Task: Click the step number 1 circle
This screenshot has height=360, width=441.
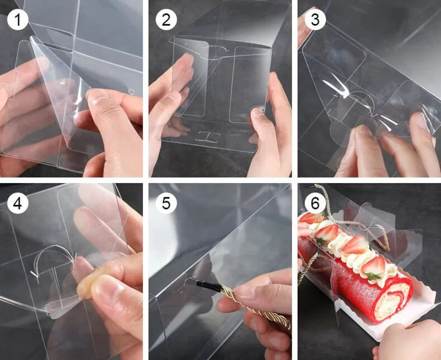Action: (18, 19)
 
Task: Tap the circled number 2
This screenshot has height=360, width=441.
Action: (166, 19)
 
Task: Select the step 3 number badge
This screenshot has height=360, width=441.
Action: (315, 19)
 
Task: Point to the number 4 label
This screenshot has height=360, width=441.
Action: (18, 203)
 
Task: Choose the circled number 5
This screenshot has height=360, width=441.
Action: (166, 203)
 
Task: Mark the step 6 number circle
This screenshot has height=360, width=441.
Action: (315, 203)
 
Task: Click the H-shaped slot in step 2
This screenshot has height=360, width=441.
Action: (208, 136)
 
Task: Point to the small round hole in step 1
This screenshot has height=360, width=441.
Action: (131, 92)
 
